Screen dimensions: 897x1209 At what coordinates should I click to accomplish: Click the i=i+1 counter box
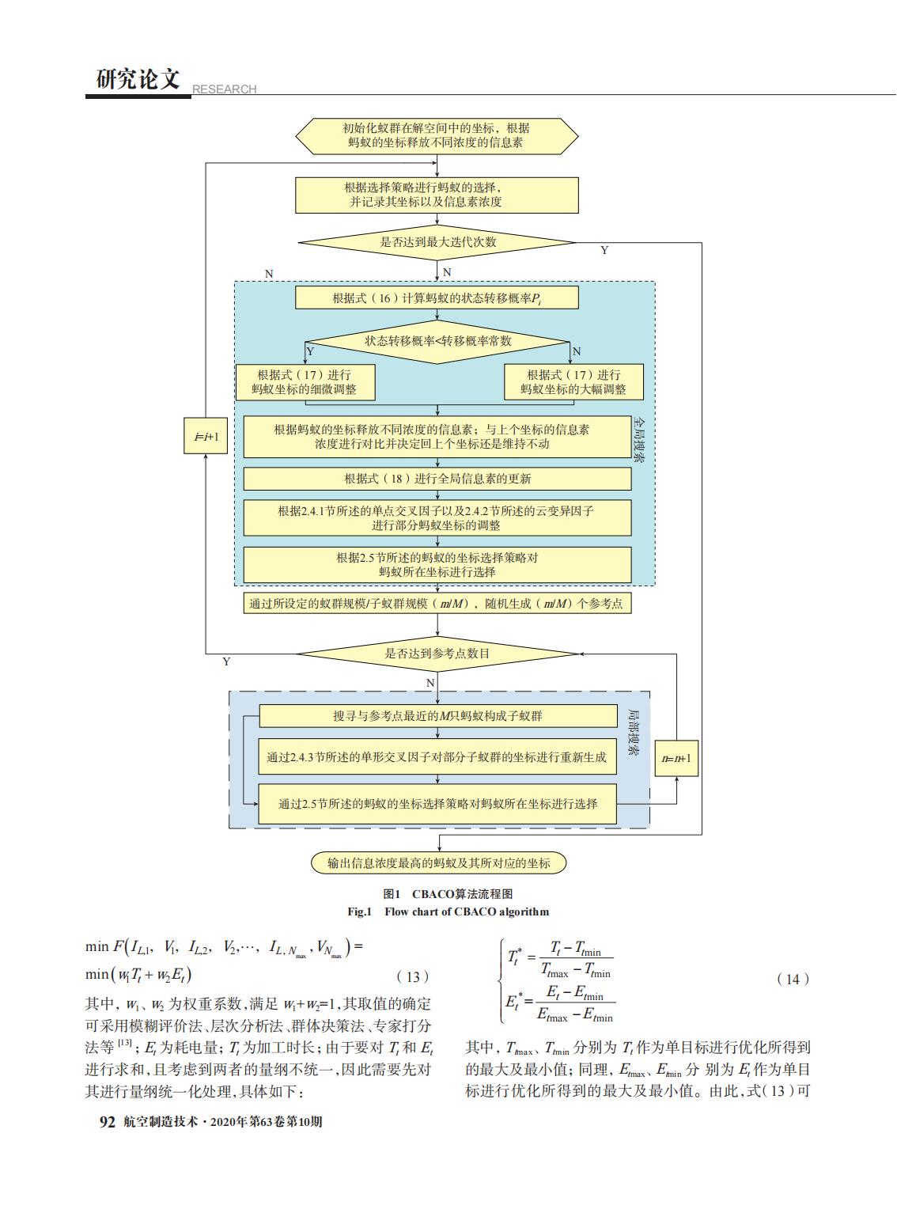click(x=206, y=435)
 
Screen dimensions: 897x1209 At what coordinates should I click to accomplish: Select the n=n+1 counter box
click(x=676, y=758)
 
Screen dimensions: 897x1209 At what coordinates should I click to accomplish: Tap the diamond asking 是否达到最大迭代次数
click(x=437, y=243)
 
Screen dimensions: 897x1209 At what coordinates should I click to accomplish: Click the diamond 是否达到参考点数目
click(x=437, y=654)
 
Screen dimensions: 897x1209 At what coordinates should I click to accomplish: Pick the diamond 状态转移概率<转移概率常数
click(x=437, y=342)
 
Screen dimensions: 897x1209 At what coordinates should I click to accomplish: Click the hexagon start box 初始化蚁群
click(x=437, y=136)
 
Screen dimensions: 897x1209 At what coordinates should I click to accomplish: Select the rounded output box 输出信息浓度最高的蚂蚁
click(x=439, y=863)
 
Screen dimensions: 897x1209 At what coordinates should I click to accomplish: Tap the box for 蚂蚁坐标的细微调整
click(x=305, y=382)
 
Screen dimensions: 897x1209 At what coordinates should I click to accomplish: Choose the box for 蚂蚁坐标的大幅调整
click(x=573, y=382)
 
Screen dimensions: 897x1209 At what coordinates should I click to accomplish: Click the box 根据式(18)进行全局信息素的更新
click(x=437, y=479)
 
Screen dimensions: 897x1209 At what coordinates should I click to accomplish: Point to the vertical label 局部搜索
click(x=634, y=732)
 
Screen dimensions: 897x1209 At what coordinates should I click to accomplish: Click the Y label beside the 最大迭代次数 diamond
click(x=604, y=251)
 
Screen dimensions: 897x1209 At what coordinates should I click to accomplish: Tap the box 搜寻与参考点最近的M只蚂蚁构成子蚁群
click(x=438, y=716)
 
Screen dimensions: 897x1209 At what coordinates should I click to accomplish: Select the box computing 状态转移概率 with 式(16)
click(x=437, y=298)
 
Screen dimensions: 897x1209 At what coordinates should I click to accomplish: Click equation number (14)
click(x=793, y=980)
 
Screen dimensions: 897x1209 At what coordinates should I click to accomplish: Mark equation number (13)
click(x=413, y=977)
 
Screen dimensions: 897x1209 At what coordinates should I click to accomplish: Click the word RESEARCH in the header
click(x=224, y=89)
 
